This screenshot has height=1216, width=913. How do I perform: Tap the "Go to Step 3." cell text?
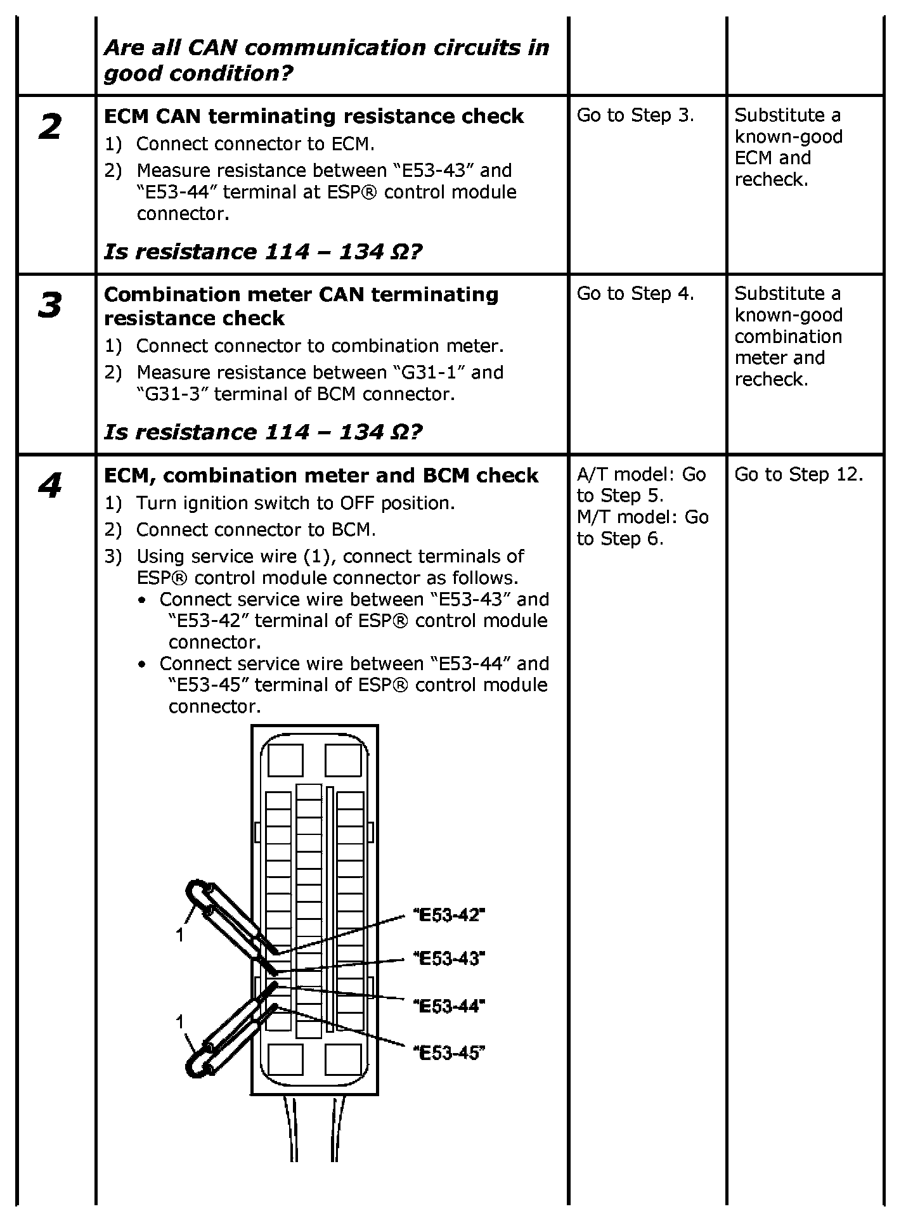pos(635,115)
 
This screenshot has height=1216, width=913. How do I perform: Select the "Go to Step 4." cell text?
pos(635,294)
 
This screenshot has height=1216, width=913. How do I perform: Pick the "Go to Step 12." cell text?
pos(798,474)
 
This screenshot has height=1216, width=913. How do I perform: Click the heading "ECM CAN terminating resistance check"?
pos(314,117)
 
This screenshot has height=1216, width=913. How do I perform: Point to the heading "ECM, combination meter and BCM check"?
pos(321,475)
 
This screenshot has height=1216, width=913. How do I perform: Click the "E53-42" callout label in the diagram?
pos(449,915)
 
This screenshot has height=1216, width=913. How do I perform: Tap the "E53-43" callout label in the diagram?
pos(449,958)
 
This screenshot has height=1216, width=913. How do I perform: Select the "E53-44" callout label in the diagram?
pos(449,1006)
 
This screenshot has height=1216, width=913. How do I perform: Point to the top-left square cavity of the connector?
pos(285,760)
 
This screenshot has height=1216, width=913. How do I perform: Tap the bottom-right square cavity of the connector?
pos(343,1059)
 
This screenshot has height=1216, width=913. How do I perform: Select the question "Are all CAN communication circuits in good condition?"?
pos(326,60)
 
